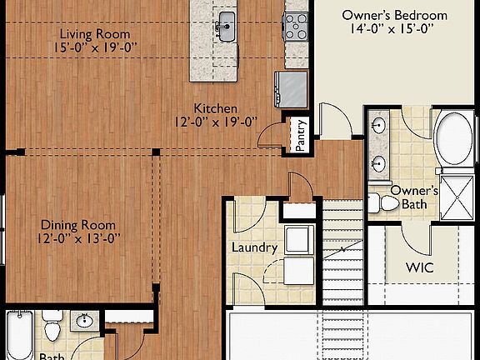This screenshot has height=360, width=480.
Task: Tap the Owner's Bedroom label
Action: pos(395,15)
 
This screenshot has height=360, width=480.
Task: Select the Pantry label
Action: pos(301,134)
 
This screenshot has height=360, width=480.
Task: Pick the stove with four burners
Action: pos(296,27)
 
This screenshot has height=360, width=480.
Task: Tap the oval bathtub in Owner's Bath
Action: pos(457,139)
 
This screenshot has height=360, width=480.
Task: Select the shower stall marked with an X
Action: pos(457,193)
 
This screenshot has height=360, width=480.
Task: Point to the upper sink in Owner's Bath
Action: pos(379,127)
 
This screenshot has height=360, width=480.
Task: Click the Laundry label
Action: pos(253,247)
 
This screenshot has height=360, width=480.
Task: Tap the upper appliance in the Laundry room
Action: pos(299,239)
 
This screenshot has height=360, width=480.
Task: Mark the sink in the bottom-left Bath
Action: pos(84,321)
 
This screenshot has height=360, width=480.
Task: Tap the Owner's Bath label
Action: pos(408,196)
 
